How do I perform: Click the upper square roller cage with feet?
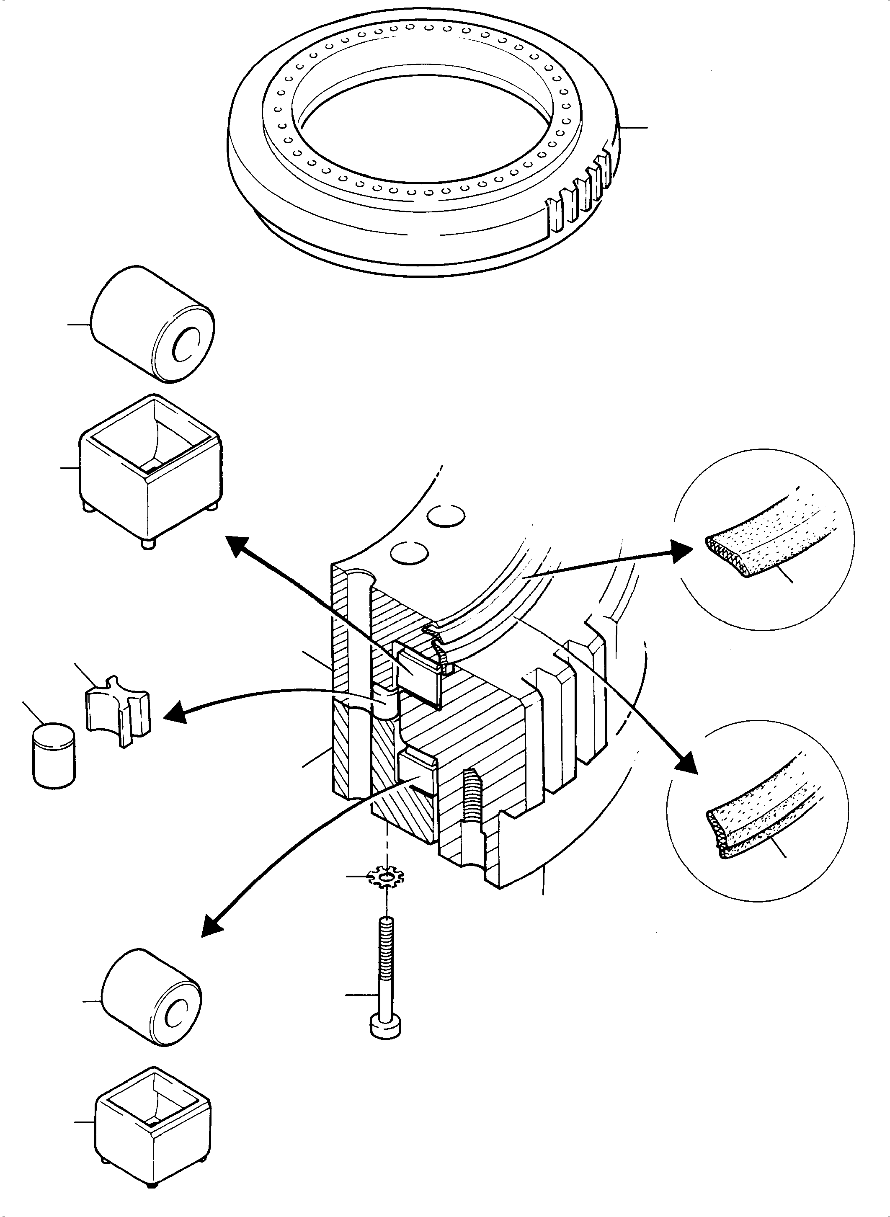(x=150, y=468)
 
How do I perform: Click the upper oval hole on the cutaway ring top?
(x=446, y=516)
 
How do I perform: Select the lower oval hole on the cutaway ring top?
(x=410, y=552)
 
